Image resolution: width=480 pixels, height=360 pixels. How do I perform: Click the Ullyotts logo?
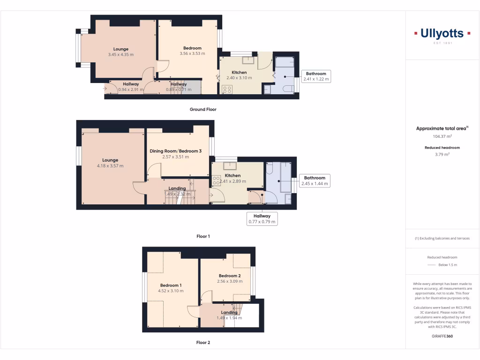pyautogui.click(x=442, y=34)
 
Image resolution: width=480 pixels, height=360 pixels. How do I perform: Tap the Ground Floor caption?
pyautogui.click(x=203, y=109)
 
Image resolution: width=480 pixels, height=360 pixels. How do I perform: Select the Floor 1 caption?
pyautogui.click(x=203, y=236)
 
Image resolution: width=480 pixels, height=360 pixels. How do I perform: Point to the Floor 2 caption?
pyautogui.click(x=203, y=343)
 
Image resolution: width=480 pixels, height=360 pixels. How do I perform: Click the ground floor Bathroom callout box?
pyautogui.click(x=316, y=76)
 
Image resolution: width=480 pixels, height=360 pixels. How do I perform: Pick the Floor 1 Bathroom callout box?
pyautogui.click(x=314, y=181)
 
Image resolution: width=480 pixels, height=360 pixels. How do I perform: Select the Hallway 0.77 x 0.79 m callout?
pyautogui.click(x=262, y=219)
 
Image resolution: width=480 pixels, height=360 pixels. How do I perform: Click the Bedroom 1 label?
pyautogui.click(x=171, y=285)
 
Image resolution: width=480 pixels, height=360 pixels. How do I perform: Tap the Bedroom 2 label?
pyautogui.click(x=230, y=276)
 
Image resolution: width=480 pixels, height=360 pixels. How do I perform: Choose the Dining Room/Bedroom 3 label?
pyautogui.click(x=176, y=151)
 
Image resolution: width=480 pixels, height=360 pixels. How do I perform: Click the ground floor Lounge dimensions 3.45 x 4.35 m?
pyautogui.click(x=120, y=55)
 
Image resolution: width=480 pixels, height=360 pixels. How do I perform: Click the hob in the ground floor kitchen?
pyautogui.click(x=227, y=89)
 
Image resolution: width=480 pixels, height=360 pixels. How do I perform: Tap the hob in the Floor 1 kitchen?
pyautogui.click(x=217, y=179)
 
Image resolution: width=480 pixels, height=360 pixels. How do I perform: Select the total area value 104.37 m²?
pyautogui.click(x=442, y=136)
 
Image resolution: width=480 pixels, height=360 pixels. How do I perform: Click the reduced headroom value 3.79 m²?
pyautogui.click(x=442, y=154)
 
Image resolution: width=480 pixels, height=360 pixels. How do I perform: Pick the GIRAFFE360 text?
pyautogui.click(x=442, y=336)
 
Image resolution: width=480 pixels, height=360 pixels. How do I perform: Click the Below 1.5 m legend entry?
pyautogui.click(x=448, y=265)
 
